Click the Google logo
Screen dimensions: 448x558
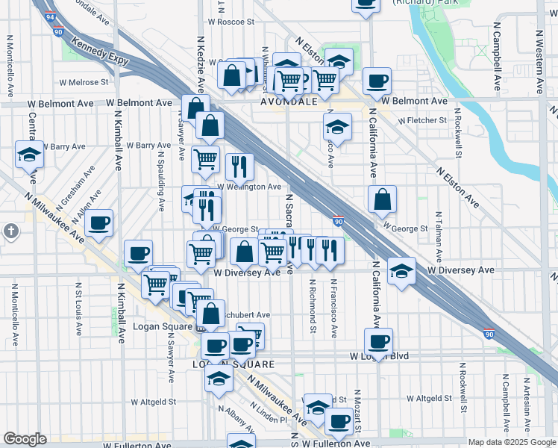click(x=25, y=439)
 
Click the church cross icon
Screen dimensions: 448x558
click(x=10, y=231)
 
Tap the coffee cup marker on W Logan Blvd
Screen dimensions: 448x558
click(x=378, y=343)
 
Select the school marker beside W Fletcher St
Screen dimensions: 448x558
click(x=337, y=128)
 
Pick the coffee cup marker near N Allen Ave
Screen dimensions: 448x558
click(x=98, y=223)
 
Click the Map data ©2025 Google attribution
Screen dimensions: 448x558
click(x=511, y=441)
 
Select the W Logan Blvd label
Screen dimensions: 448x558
click(x=381, y=356)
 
